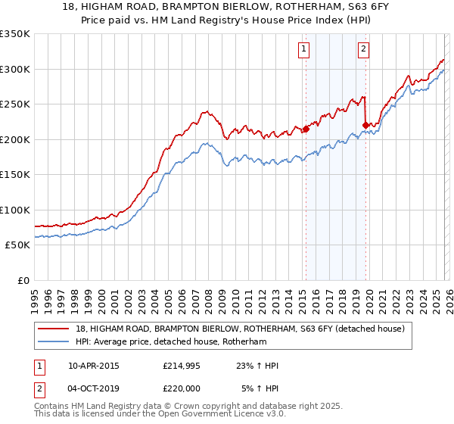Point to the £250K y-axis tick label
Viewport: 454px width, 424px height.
click(x=15, y=104)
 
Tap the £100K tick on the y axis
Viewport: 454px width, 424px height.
click(x=15, y=210)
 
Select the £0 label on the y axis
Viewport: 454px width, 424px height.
click(x=23, y=280)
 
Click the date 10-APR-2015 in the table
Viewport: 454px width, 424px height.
click(x=94, y=366)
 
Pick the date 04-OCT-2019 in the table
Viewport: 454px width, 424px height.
click(x=94, y=388)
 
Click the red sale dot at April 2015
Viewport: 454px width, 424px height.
click(x=306, y=129)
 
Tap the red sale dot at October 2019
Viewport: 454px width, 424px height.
click(x=365, y=125)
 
